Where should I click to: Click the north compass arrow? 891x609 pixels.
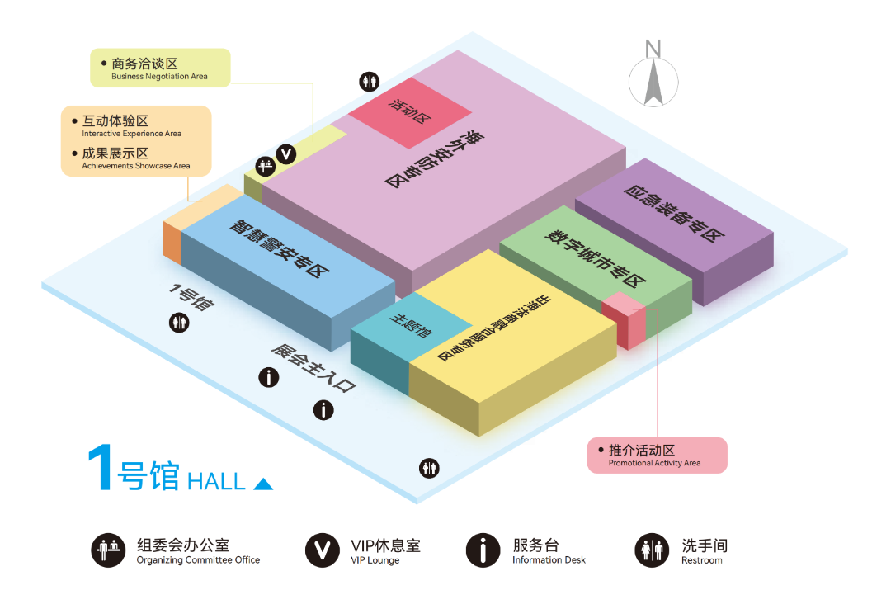click(653, 83)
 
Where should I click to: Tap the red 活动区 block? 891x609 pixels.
click(410, 112)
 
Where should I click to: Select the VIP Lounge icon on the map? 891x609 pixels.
click(286, 154)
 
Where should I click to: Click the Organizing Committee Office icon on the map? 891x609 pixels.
click(265, 167)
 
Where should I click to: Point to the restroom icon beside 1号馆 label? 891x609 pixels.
click(180, 323)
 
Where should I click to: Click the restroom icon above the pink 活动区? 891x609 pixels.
click(370, 82)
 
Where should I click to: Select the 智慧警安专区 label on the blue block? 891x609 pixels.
click(279, 248)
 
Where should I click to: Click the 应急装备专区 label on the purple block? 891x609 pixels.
click(673, 213)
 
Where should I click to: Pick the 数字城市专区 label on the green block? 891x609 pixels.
click(595, 257)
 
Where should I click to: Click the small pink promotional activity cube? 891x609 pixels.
click(624, 320)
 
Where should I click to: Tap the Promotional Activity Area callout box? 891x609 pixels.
click(657, 455)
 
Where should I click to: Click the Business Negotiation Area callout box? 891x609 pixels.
click(160, 68)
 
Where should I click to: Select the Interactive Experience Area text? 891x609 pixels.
click(132, 134)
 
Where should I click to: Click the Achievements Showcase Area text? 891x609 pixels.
click(136, 166)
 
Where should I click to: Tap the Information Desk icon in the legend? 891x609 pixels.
click(483, 550)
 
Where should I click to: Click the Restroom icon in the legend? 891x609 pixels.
click(652, 550)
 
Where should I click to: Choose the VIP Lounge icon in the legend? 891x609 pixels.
click(323, 550)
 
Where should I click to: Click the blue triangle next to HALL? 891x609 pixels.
click(263, 484)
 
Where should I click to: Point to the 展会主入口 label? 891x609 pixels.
click(313, 368)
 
